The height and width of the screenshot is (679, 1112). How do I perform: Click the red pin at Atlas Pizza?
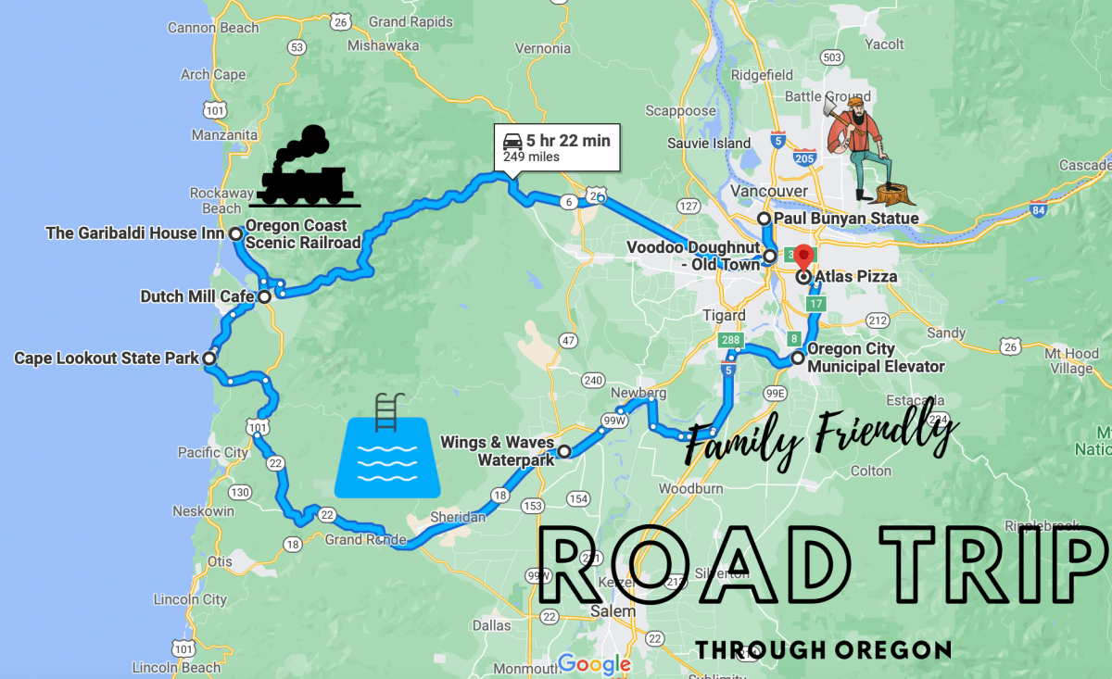803,258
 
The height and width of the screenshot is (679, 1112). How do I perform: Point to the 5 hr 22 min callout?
556,147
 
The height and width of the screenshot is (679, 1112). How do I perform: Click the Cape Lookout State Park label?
106,358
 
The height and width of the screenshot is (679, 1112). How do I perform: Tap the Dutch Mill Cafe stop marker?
264,297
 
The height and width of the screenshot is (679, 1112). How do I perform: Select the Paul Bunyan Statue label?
845,219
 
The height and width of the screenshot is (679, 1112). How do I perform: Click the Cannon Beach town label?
212,28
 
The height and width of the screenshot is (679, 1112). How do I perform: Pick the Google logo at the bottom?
594,663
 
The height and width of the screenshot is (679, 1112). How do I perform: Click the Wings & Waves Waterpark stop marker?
563,452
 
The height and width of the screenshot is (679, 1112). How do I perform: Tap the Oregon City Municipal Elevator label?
875,358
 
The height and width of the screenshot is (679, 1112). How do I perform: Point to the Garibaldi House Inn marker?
236,234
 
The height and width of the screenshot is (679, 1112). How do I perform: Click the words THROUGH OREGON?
823,649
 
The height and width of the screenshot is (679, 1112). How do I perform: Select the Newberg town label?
638,393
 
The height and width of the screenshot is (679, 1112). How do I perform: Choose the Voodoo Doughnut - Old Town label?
693,255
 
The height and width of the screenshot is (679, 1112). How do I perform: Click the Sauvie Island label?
708,143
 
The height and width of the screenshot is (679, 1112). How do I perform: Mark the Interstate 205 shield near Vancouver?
802,159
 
